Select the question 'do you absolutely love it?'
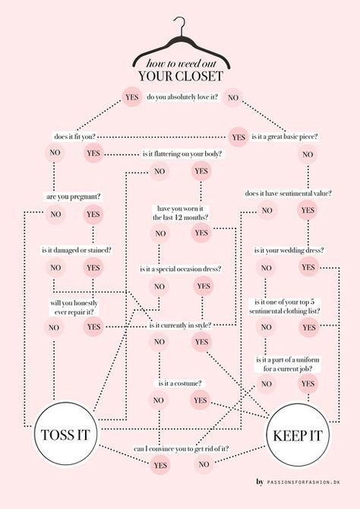[x=182, y=96]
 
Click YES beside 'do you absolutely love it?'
[x=132, y=97]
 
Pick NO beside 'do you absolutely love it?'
[x=232, y=97]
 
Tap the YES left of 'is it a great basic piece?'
[x=238, y=137]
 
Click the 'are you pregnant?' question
[x=74, y=197]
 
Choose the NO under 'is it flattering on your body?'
[x=159, y=171]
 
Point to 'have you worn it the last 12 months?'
[x=181, y=213]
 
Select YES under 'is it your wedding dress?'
[x=308, y=267]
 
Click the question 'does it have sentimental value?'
[x=289, y=193]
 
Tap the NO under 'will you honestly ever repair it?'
[x=54, y=327]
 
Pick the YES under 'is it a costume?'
[x=200, y=400]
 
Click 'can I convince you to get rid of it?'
[x=181, y=449]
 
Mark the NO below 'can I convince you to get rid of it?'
[x=204, y=464]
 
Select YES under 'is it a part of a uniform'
[x=308, y=384]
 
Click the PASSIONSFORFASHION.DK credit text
[x=304, y=482]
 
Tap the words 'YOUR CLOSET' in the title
[x=181, y=76]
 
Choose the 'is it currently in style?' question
[x=181, y=325]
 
